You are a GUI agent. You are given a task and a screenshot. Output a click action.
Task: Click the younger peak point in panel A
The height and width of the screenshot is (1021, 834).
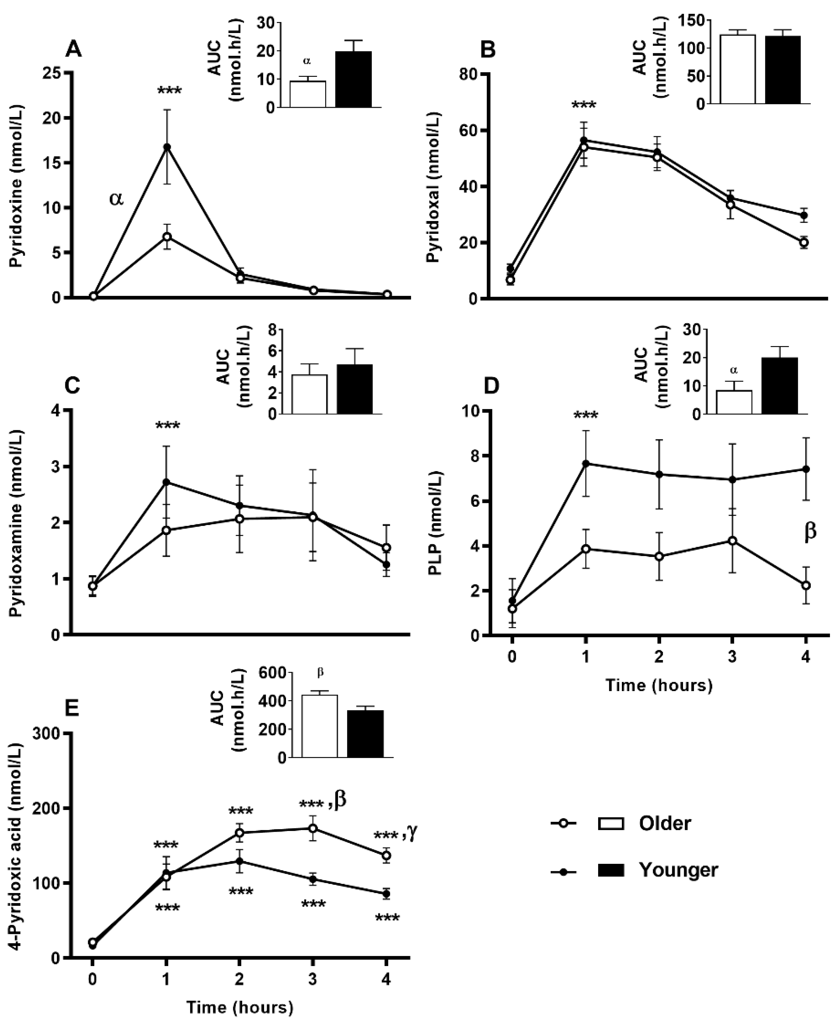tap(167, 147)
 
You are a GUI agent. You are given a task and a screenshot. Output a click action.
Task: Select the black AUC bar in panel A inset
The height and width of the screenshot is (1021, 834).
tap(353, 79)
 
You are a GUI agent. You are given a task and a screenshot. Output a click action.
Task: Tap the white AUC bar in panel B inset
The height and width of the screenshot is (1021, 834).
tap(737, 69)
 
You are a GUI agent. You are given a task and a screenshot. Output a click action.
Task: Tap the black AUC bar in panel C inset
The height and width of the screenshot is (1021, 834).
tap(354, 389)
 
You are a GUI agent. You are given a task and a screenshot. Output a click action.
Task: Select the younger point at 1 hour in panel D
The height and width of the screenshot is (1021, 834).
tap(585, 463)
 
